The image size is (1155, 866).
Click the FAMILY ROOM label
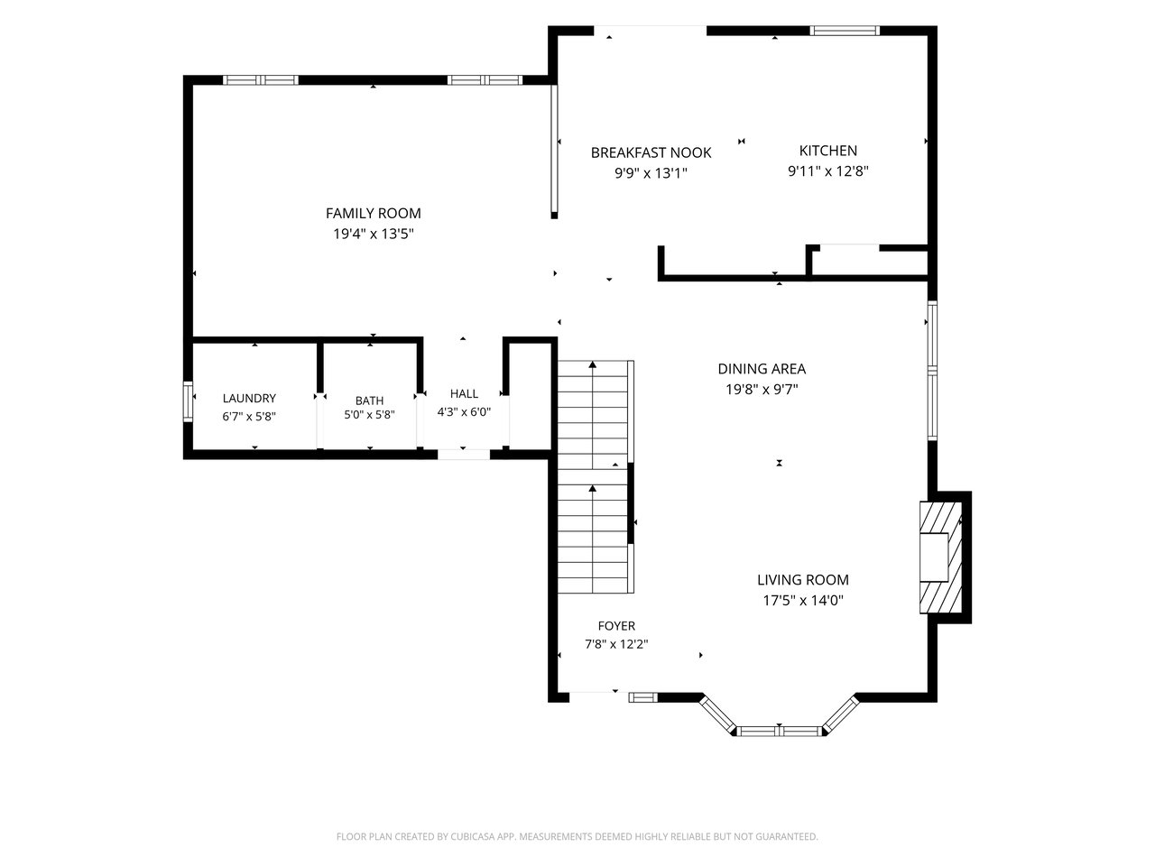click(373, 214)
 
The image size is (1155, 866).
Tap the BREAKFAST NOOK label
click(651, 153)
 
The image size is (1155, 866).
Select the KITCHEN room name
click(827, 151)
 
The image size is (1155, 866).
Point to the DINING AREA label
click(762, 369)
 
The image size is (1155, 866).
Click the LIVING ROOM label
click(803, 580)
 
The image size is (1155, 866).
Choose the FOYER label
click(616, 626)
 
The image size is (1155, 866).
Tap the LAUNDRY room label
click(249, 398)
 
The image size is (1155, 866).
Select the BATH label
click(369, 401)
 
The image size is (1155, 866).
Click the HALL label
click(464, 394)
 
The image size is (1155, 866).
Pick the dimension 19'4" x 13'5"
click(373, 234)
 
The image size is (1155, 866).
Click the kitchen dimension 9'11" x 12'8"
click(827, 170)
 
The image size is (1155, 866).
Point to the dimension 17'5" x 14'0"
click(803, 601)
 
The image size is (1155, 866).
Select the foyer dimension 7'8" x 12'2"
click(616, 644)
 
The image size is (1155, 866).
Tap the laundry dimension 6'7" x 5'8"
click(249, 417)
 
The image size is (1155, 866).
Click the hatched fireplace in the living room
click(941, 557)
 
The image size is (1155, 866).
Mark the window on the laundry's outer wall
click(188, 401)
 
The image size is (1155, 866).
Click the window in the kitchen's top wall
click(844, 31)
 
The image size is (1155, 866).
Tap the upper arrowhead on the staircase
click(593, 364)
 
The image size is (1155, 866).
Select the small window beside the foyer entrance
click(643, 697)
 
